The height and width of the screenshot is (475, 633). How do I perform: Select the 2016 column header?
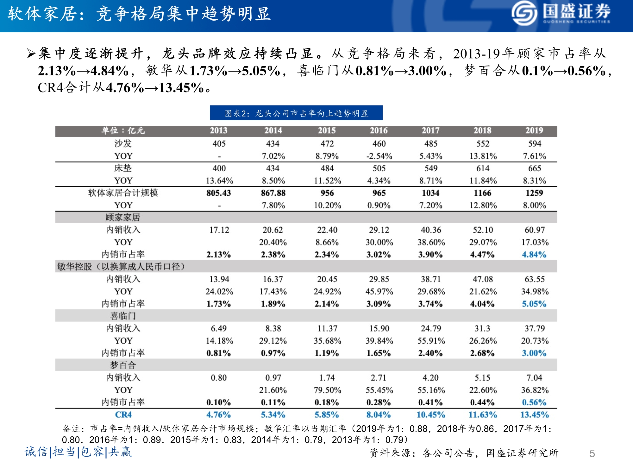pos(379,130)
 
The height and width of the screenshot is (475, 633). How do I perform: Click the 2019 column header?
pos(534,130)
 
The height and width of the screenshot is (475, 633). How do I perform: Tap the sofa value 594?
pos(534,144)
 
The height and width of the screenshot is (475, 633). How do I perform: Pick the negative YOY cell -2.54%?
pos(379,156)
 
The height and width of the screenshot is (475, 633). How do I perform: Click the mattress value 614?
pos(482,168)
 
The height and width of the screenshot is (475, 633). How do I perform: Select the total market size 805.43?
pos(218,193)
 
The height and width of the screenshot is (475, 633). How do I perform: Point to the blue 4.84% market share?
pos(534,255)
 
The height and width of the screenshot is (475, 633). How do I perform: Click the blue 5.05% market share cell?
pos(534,304)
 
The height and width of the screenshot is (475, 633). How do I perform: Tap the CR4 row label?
pos(123,415)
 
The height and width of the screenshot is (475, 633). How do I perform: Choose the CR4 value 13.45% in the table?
pos(534,415)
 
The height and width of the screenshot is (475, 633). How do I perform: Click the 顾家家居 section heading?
pos(123,218)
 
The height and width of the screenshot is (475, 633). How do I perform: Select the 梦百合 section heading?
pos(123,365)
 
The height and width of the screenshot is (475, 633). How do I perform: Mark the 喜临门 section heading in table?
pos(123,316)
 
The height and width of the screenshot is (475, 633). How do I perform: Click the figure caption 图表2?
pos(296,113)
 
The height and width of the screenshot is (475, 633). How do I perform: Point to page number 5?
pos(592,454)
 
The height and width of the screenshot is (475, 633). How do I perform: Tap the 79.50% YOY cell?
pos(327,390)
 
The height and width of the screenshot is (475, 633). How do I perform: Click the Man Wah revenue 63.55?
pos(534,279)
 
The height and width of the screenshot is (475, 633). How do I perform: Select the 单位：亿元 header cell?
pos(123,130)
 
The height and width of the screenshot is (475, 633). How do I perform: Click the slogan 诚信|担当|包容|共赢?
pos(78,452)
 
